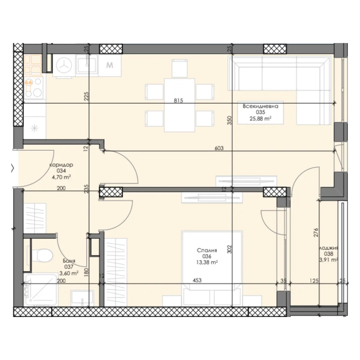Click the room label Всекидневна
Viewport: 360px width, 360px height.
coord(260,106)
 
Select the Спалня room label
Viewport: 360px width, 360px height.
coord(207,250)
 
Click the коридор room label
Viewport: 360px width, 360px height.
coord(61,165)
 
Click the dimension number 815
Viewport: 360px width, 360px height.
coord(179,101)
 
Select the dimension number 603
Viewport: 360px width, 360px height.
coord(219,148)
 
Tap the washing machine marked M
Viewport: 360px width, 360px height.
coord(110,65)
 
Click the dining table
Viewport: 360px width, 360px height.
coord(180,105)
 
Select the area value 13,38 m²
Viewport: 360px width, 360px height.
coord(207,262)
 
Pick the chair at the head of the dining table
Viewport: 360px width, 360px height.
coord(180,68)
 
